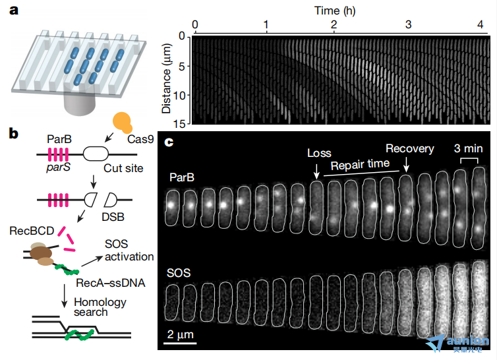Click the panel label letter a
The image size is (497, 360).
pos(14,11)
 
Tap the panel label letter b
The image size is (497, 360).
pos(14,134)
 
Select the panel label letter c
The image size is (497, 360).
pos(169,142)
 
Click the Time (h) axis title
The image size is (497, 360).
pos(335,11)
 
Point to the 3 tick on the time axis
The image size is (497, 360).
pos(408,24)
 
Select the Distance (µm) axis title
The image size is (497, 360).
pos(166,78)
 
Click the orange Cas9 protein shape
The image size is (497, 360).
pos(123,123)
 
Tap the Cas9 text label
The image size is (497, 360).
pos(140,139)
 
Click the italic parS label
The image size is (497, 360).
pos(58,167)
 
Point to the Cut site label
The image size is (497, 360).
pos(123,168)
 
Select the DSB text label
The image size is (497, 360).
pos(113,217)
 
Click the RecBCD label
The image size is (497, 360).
pos(32,231)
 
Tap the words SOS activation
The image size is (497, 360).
pos(129,251)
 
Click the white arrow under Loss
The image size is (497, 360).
pos(316,171)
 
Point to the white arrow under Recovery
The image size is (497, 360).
pos(406,164)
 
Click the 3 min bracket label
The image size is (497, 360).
pos(469,148)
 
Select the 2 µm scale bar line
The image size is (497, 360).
pos(180,344)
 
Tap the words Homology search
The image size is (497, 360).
pos(100,307)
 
